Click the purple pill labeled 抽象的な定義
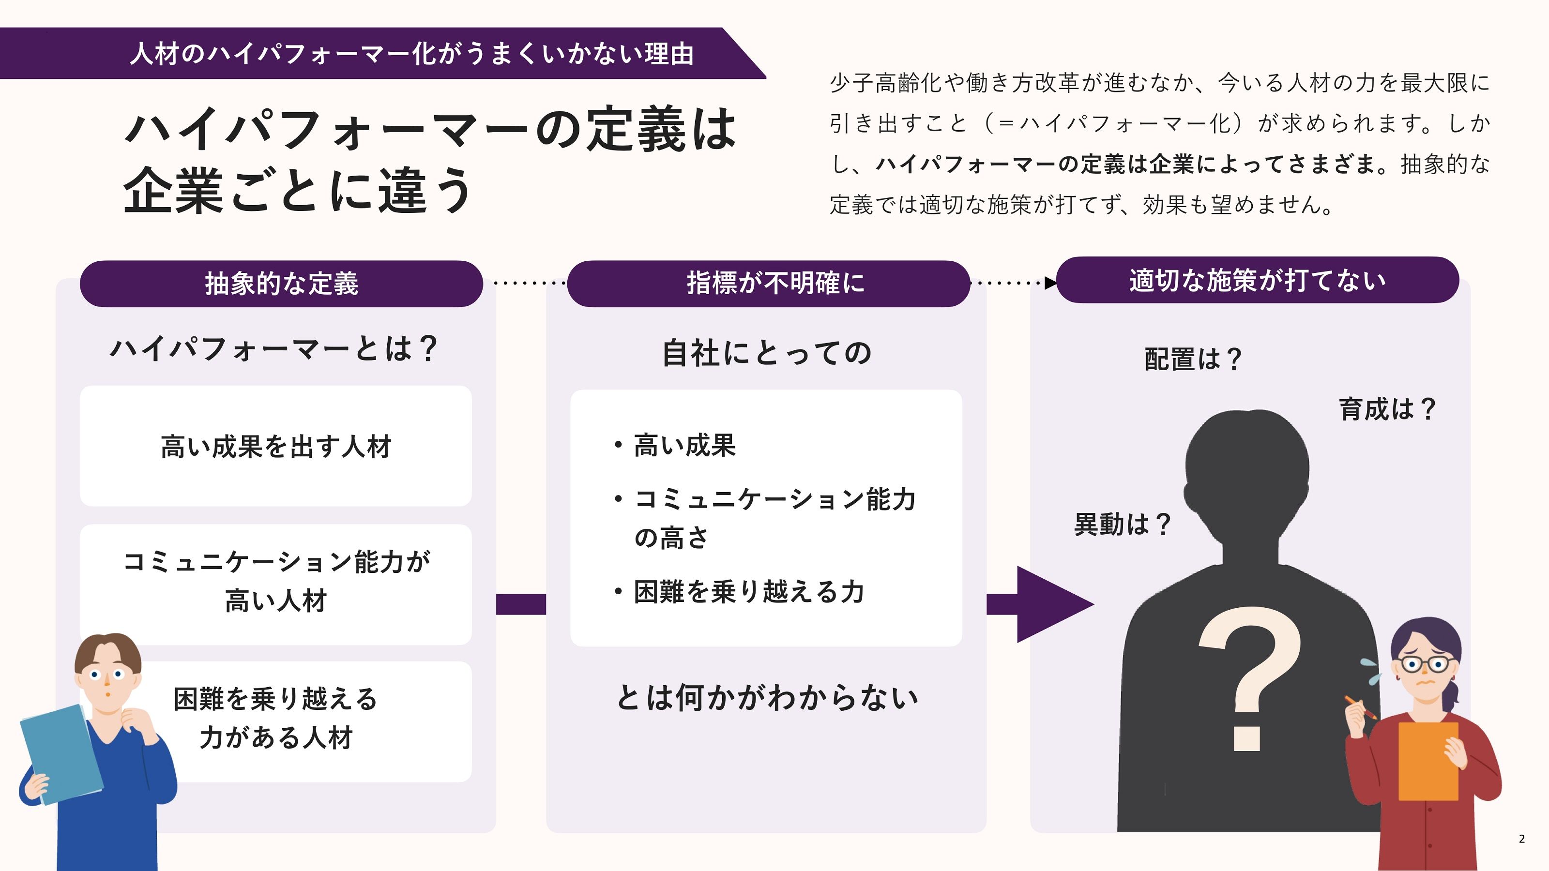point(281,284)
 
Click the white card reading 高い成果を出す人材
point(275,446)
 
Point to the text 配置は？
point(1192,360)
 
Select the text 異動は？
point(1122,524)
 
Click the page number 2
point(1521,839)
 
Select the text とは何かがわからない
point(767,698)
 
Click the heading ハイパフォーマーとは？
point(273,348)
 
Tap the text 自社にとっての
point(767,353)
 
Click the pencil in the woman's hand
point(1360,707)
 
